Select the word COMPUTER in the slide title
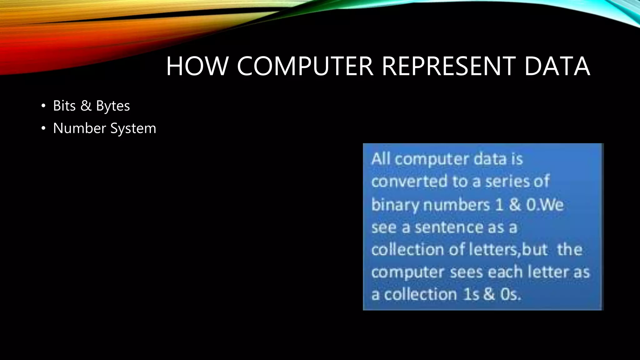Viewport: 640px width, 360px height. click(x=305, y=66)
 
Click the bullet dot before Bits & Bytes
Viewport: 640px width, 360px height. click(x=43, y=106)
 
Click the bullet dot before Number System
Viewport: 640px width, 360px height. click(x=43, y=128)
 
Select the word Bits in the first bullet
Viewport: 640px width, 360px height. click(x=64, y=106)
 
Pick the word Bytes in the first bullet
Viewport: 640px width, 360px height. click(x=113, y=106)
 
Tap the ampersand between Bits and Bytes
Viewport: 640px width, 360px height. click(x=86, y=106)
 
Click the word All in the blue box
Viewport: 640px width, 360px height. click(x=381, y=159)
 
